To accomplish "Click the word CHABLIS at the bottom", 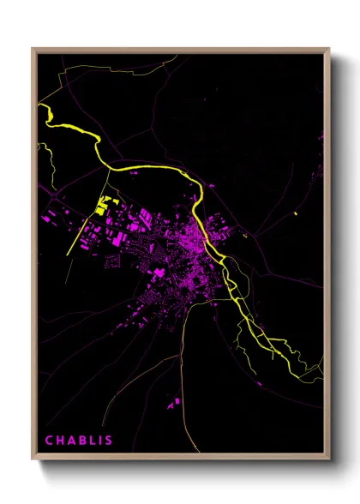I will point(78,441).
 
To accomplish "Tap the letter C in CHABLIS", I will point(49,441).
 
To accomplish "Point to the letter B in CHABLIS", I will point(79,441).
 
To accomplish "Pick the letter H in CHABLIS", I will point(59,441).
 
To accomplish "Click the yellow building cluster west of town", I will point(103,206).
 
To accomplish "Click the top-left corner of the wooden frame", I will point(33,49).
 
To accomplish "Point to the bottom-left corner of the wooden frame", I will point(33,462).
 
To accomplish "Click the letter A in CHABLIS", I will point(69,441).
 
